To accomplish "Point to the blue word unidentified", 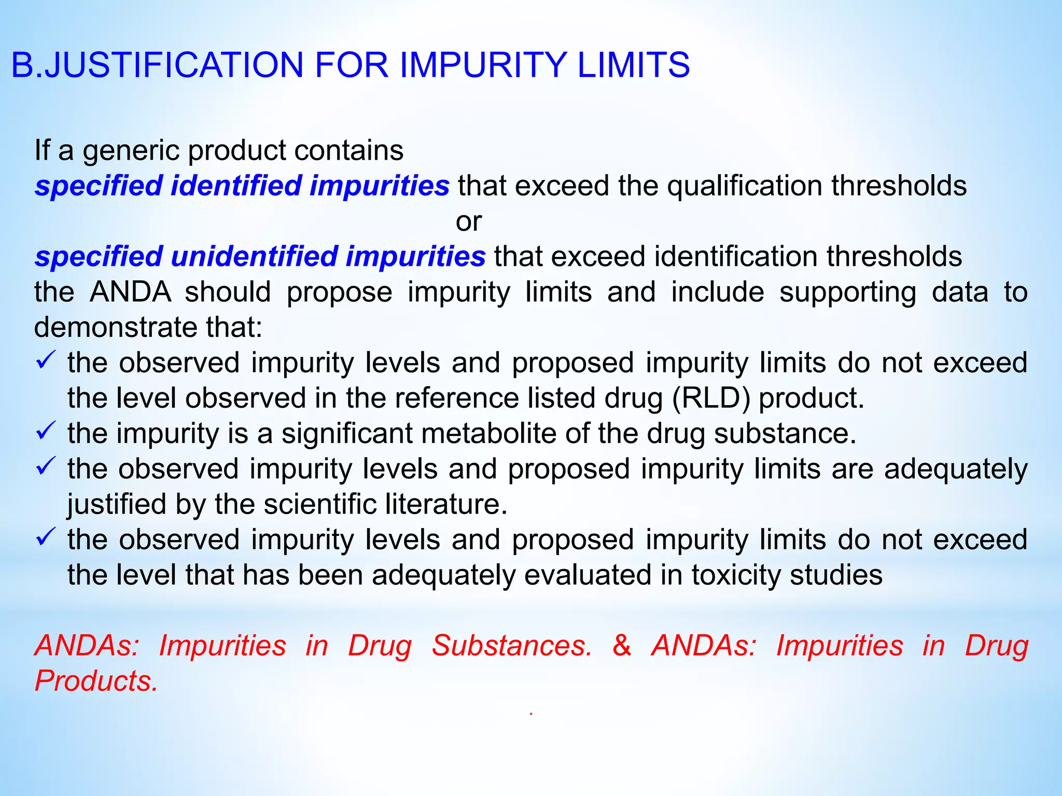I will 254,257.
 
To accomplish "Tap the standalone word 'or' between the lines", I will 469,222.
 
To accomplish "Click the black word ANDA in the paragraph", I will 130,292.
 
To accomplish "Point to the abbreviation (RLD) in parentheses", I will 711,399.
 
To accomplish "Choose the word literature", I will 446,504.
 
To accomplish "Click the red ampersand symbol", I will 622,646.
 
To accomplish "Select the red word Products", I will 96,681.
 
